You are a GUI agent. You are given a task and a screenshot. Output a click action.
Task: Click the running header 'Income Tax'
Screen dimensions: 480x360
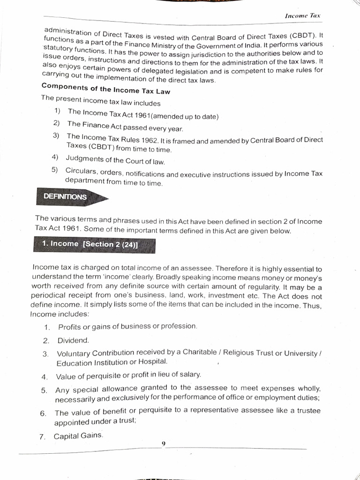click(x=302, y=15)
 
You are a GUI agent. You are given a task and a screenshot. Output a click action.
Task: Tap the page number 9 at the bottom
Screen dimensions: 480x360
click(x=163, y=443)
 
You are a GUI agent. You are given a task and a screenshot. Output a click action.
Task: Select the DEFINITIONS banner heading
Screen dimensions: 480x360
click(x=65, y=197)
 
